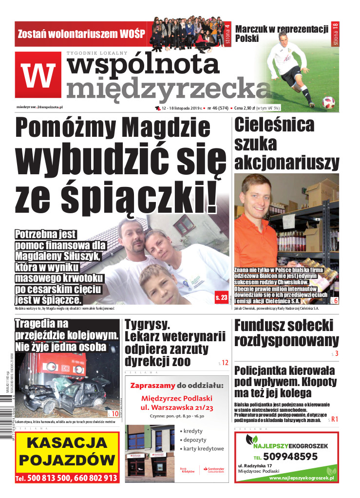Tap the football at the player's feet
point(328,102)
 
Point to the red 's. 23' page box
point(221,296)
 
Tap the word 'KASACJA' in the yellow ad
point(67,443)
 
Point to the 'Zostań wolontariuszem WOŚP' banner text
point(81,34)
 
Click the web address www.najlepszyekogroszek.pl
point(302,479)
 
